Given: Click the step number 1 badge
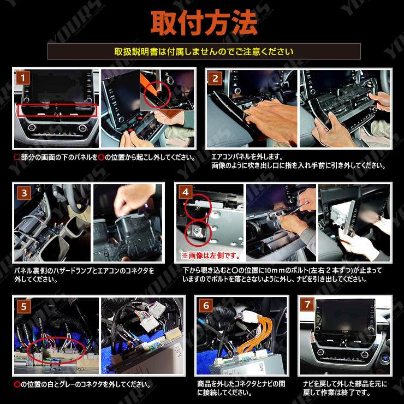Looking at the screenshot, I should (22, 78).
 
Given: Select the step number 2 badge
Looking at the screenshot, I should (215, 78).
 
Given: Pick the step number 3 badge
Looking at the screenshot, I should (22, 192).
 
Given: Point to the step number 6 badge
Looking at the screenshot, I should (206, 306).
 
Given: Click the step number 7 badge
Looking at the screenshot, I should (308, 306).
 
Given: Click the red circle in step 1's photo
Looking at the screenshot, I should (157, 96).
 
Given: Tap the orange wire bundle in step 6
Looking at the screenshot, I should (251, 333).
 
